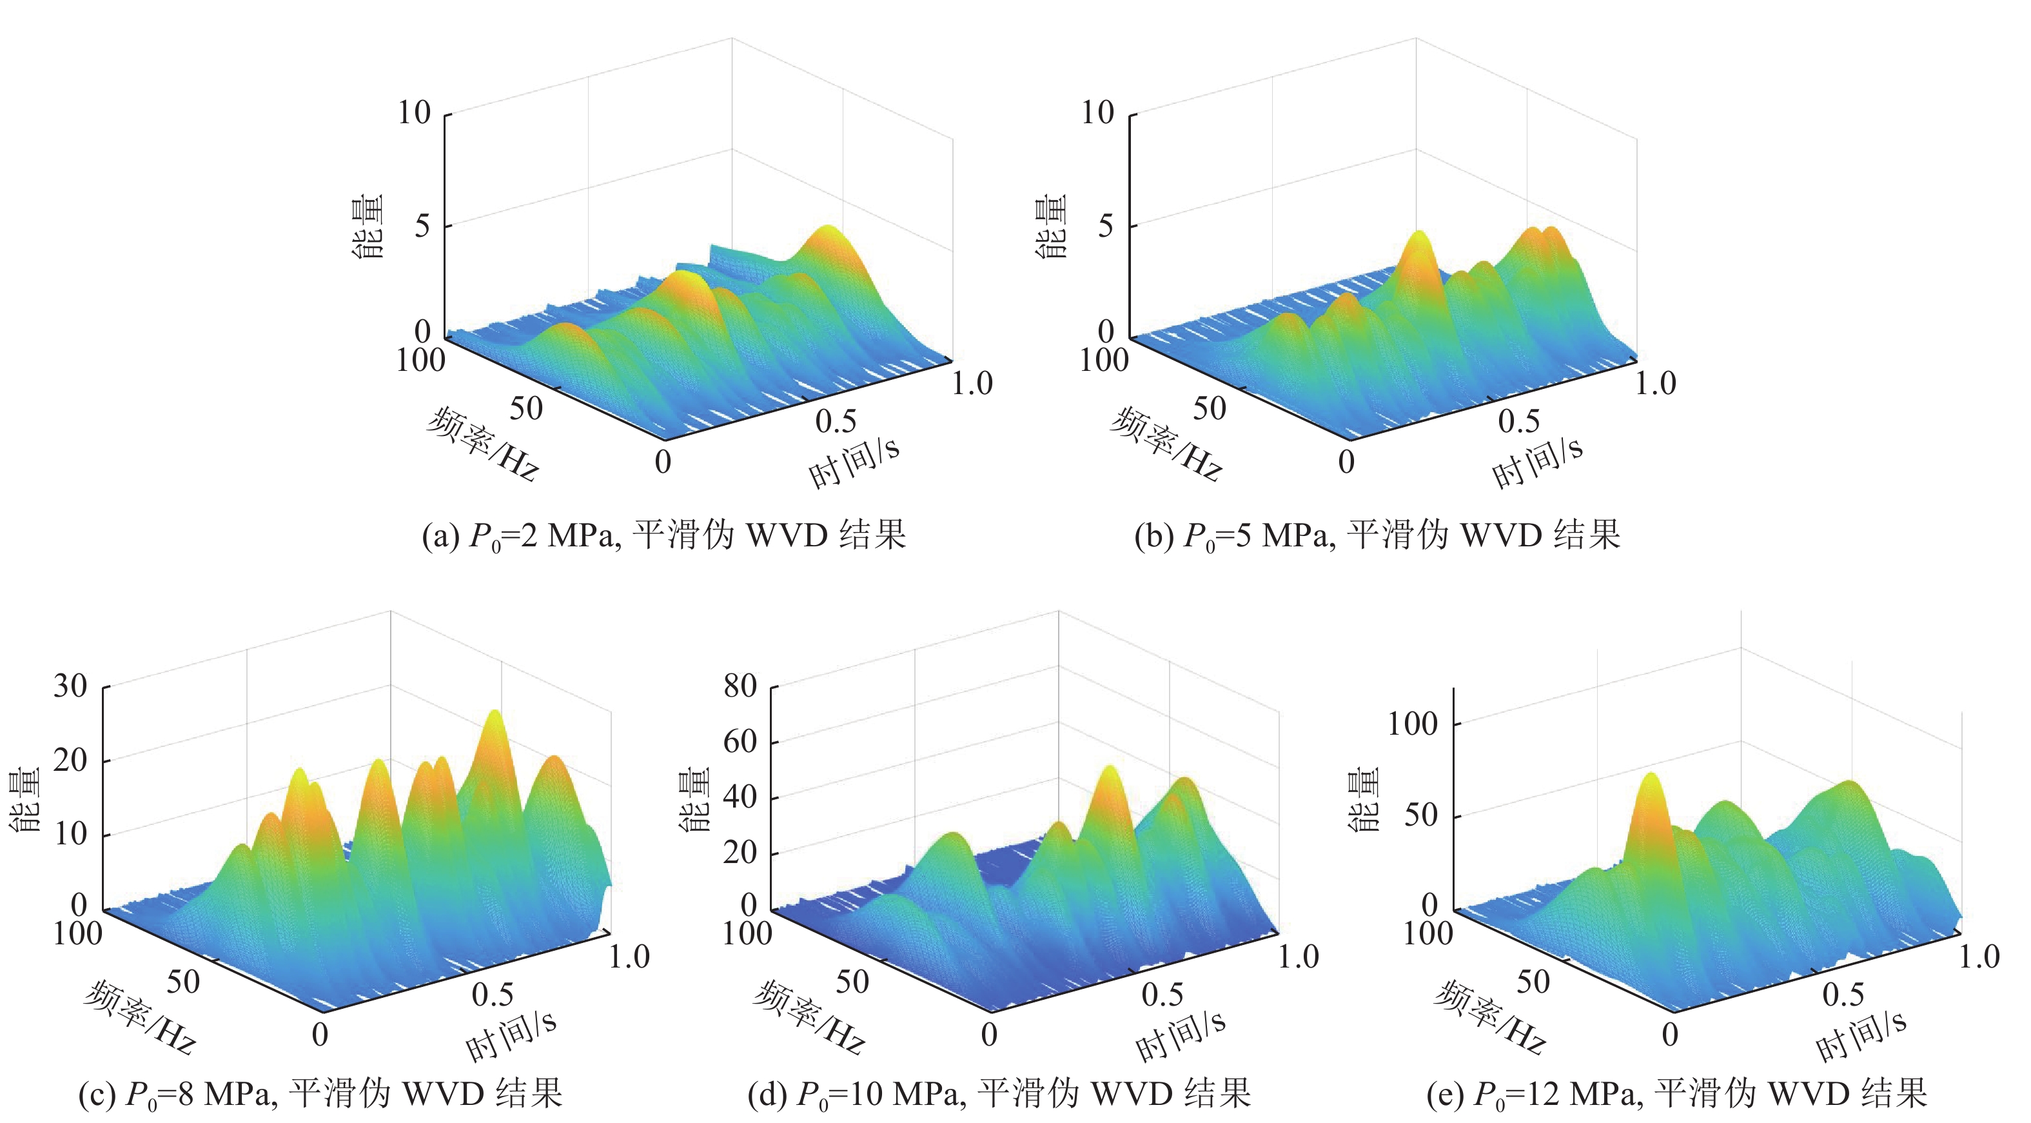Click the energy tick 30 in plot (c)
[70, 686]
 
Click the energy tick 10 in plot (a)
[414, 114]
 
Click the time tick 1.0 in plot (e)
[1979, 957]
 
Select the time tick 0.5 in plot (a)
[836, 422]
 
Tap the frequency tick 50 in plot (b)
[1210, 408]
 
